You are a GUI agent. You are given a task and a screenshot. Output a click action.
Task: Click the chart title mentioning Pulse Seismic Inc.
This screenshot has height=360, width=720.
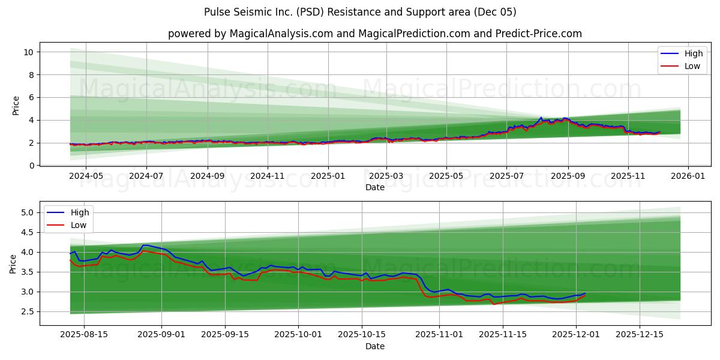pos(360,12)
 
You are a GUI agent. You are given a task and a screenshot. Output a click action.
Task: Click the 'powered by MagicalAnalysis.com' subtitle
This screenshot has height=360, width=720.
pos(374,34)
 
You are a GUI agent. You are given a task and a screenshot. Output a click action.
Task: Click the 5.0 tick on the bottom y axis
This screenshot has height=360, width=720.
pos(28,212)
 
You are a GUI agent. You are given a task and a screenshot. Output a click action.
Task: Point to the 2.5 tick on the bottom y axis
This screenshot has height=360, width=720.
pos(28,311)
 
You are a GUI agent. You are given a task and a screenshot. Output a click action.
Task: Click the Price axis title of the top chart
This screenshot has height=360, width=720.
pos(16,105)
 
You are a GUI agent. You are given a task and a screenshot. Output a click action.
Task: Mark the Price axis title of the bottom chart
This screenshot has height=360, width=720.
pos(13,263)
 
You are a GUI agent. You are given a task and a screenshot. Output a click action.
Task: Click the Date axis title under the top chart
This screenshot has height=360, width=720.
pos(374,188)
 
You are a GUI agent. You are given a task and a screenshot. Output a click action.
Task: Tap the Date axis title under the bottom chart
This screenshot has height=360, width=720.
pos(374,346)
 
